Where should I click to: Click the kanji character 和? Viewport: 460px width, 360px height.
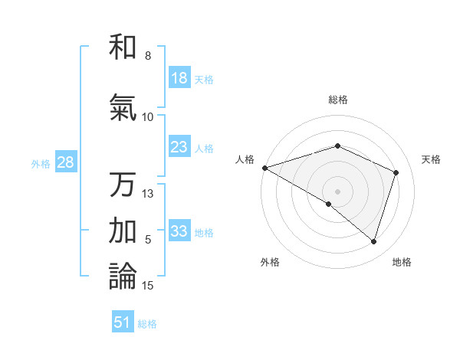tap(123, 47)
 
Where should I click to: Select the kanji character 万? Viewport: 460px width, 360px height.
tap(123, 185)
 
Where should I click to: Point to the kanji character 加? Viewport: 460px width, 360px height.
tap(123, 230)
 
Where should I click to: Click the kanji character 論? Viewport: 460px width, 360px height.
tap(123, 276)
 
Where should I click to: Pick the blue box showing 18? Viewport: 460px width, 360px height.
tap(179, 78)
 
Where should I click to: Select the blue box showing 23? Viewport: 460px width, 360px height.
tap(179, 147)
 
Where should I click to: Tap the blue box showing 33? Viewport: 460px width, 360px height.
tap(179, 231)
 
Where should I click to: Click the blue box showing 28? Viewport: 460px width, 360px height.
tap(64, 162)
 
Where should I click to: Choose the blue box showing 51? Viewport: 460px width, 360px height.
tap(123, 322)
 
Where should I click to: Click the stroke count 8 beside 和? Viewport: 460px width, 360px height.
tap(147, 56)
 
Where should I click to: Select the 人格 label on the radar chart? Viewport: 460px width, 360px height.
tap(245, 159)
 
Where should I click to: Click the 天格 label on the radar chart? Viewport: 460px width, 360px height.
tap(431, 159)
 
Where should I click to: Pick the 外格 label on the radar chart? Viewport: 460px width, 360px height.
tap(270, 262)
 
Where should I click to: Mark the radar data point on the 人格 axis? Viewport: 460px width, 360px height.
tap(264, 167)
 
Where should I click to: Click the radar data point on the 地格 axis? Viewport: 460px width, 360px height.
tap(373, 241)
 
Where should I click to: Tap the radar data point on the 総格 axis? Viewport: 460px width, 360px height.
tap(337, 146)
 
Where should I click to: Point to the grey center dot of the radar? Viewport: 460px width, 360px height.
tap(337, 191)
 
